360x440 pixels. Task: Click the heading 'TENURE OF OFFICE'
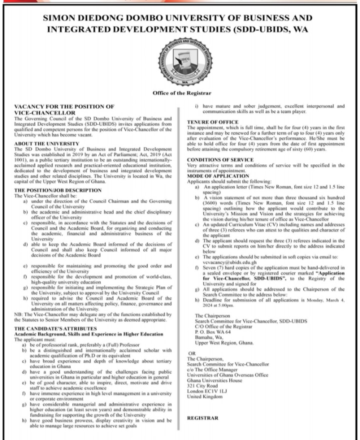[212, 122]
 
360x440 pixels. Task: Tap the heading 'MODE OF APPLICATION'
[217, 176]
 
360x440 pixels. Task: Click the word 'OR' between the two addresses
[190, 353]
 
